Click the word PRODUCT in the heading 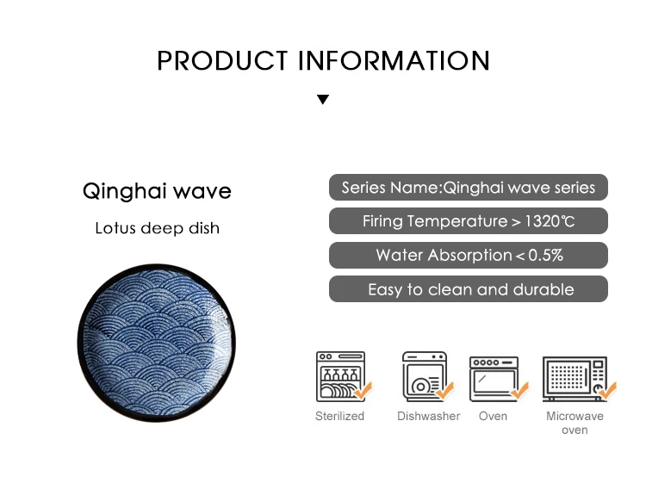(x=222, y=61)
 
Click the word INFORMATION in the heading (x=394, y=61)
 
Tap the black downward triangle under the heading (x=323, y=99)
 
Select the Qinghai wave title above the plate (x=157, y=191)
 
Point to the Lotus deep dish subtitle (x=157, y=228)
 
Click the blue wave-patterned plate (x=157, y=343)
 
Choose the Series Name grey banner (x=469, y=188)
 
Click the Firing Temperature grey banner (x=469, y=221)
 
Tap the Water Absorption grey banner (x=469, y=256)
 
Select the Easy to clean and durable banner (x=469, y=289)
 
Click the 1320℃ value (x=550, y=221)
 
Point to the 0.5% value (x=545, y=256)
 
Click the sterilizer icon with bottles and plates (x=343, y=376)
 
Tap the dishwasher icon (x=427, y=376)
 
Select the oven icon (x=498, y=379)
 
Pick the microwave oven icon (x=579, y=379)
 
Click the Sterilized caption (x=340, y=417)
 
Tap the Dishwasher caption (x=428, y=417)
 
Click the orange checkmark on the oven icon (x=519, y=390)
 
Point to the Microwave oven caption (x=575, y=423)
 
